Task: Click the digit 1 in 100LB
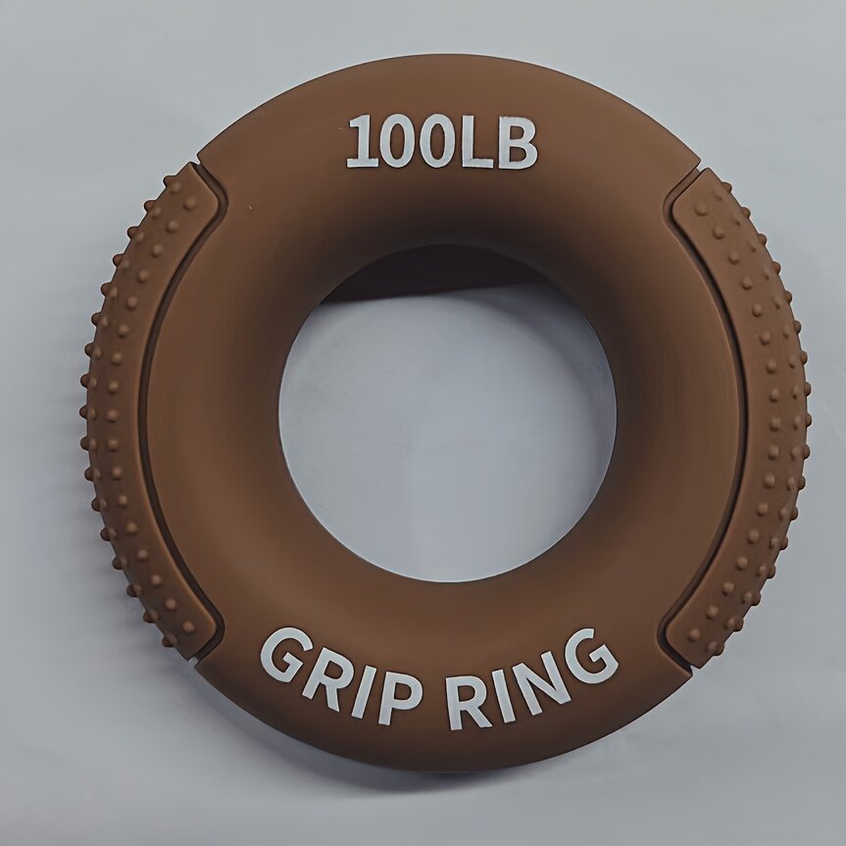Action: point(362,142)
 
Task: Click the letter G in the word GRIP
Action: point(286,655)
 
